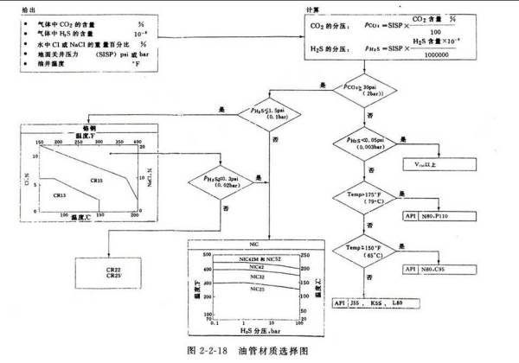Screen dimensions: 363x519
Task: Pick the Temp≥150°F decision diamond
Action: pyautogui.click(x=363, y=252)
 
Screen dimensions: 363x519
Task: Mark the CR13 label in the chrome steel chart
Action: pyautogui.click(x=60, y=195)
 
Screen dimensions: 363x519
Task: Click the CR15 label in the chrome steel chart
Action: pyautogui.click(x=97, y=180)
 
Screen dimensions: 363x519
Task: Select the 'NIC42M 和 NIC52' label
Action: pyautogui.click(x=257, y=258)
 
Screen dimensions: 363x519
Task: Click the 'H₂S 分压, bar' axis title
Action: pyautogui.click(x=253, y=331)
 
